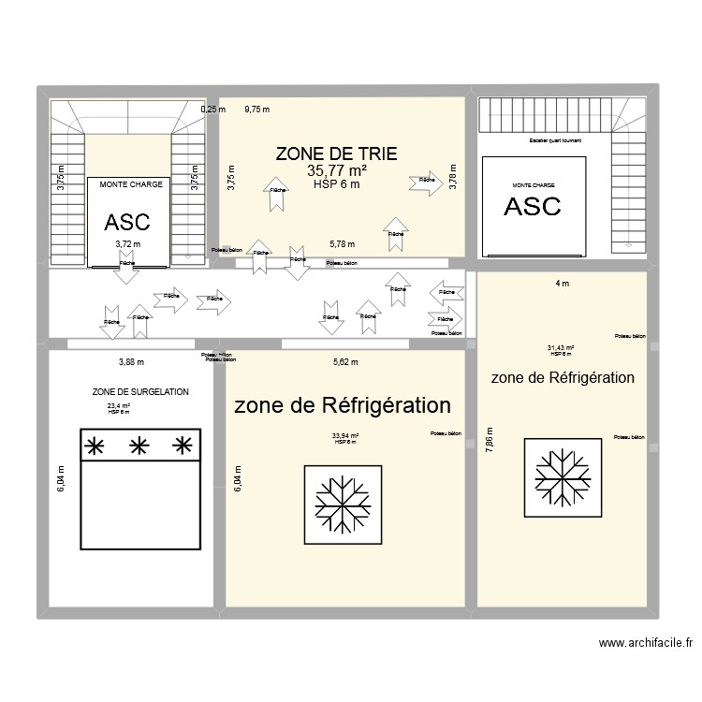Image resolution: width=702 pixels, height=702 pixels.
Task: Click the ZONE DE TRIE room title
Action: coord(336,154)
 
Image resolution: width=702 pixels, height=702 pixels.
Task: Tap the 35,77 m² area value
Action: coord(336,170)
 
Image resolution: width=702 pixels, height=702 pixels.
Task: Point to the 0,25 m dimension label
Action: coord(212,110)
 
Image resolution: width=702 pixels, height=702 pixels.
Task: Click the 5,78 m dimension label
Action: coord(343,244)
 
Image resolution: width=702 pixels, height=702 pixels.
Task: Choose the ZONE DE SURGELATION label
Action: coord(140,392)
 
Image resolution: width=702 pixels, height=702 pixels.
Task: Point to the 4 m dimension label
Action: coord(563,283)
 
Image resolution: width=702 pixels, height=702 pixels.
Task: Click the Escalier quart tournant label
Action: coord(555,141)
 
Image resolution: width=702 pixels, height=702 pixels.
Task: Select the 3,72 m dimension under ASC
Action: coord(126,245)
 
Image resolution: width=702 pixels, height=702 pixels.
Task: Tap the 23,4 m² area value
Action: coord(119,406)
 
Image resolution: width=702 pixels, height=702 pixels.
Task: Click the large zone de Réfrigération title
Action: coord(343,405)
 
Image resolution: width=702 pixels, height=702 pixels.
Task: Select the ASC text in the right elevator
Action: coord(532,207)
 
